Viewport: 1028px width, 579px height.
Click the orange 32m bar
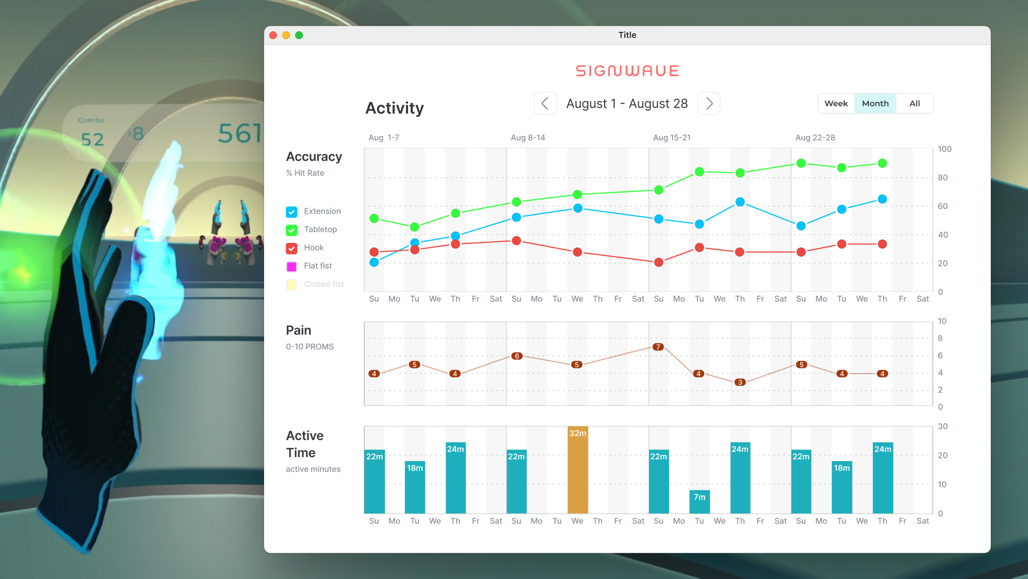(x=577, y=470)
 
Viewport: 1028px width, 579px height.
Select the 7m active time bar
(x=699, y=502)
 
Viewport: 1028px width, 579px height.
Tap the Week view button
(x=836, y=103)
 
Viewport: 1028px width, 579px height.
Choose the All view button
(x=914, y=103)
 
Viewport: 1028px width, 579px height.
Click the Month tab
(x=875, y=103)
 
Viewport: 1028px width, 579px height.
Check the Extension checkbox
(x=292, y=212)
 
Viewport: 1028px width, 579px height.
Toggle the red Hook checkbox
(x=292, y=248)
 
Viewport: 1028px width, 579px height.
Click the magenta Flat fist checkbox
(x=292, y=266)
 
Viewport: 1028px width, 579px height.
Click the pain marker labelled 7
(x=658, y=347)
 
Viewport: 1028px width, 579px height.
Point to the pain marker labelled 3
(x=740, y=382)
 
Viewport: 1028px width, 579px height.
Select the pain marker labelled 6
(x=517, y=356)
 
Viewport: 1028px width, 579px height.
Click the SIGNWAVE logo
(x=627, y=71)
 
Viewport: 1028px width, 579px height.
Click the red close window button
(x=273, y=35)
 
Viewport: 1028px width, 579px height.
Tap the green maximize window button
(x=299, y=35)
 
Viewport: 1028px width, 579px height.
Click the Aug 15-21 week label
(x=672, y=137)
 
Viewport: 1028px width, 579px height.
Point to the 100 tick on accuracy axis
(x=944, y=149)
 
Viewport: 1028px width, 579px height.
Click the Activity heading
(x=394, y=108)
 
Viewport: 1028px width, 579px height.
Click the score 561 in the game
(x=240, y=133)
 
